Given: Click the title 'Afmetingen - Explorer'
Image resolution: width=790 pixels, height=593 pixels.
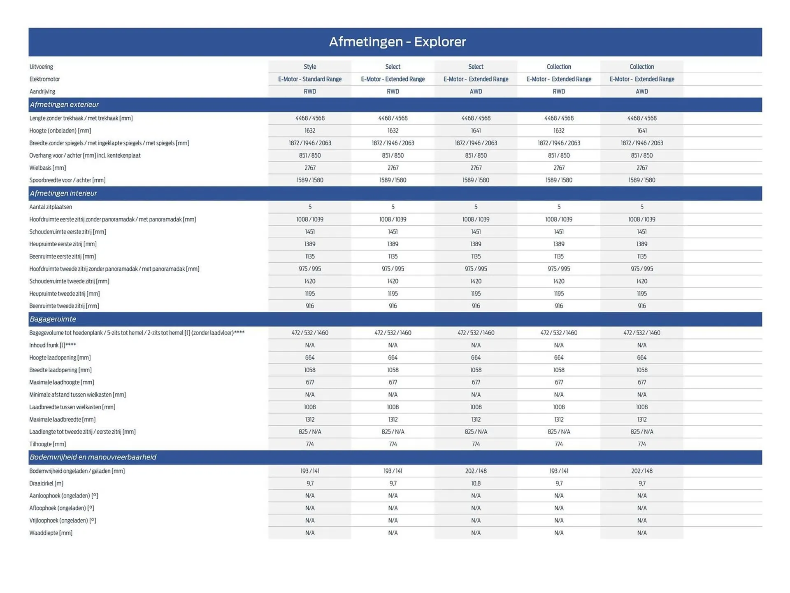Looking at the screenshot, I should [x=397, y=42].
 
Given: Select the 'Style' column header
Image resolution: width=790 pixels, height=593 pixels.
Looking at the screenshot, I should [x=310, y=67].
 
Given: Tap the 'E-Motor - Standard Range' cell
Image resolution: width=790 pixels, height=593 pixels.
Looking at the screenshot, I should [x=310, y=79].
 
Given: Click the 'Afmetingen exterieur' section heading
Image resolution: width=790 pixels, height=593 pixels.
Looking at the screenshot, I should [x=64, y=105].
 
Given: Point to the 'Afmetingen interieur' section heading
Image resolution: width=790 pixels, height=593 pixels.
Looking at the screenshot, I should [x=63, y=193].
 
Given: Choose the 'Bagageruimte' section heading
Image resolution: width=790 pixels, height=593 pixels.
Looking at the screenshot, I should [x=53, y=319].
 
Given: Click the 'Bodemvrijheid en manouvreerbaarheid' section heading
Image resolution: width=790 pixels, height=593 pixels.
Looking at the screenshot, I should [x=93, y=457].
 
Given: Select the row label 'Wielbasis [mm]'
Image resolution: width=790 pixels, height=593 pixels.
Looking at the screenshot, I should [x=48, y=168].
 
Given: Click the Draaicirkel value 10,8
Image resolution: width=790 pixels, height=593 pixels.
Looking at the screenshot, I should [x=476, y=483].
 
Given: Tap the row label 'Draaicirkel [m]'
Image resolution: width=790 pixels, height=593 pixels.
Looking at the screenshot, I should [x=46, y=483].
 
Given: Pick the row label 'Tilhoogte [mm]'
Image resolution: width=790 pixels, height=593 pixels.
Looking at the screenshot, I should [x=48, y=444].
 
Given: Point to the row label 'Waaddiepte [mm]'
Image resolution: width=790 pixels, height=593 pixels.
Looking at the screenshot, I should [x=51, y=533].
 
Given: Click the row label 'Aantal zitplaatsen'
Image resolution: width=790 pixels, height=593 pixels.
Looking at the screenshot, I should [x=51, y=207].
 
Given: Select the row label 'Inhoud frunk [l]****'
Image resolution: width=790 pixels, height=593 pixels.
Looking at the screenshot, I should [x=53, y=345].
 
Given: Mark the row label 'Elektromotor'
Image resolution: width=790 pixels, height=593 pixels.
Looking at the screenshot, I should [x=45, y=79].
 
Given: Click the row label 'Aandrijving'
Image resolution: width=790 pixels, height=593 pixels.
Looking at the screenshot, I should [x=42, y=91].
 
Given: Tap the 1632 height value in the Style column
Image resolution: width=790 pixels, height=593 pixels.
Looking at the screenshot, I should [x=310, y=131].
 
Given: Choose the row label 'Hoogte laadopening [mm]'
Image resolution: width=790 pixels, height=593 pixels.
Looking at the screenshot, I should [x=60, y=357].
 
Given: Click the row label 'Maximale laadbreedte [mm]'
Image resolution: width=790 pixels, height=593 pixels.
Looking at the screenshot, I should [x=63, y=419].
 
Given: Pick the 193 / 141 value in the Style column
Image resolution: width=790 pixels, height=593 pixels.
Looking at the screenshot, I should [x=310, y=471].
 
